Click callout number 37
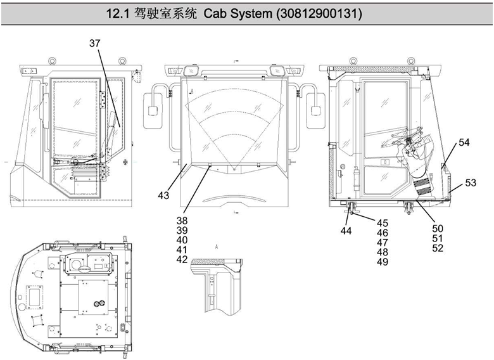pos(94,43)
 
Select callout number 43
pos(164,196)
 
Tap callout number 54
pos(464,143)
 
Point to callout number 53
pos(471,183)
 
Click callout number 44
pos(345,231)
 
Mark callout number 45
pos(383,223)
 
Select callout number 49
pos(383,262)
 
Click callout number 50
pos(438,228)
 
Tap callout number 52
pos(438,248)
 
